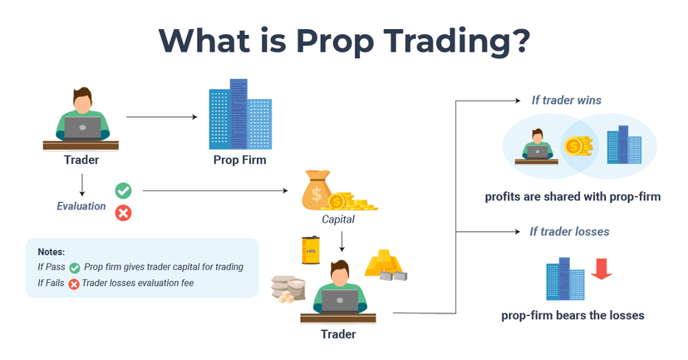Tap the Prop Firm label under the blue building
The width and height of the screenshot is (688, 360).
tap(239, 160)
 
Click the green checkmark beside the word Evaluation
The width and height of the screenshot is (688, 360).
tap(123, 190)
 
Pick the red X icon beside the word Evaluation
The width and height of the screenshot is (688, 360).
tap(123, 213)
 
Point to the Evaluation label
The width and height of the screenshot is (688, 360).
tap(81, 206)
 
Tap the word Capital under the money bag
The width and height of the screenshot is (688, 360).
tap(339, 220)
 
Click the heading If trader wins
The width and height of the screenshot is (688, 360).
tap(567, 101)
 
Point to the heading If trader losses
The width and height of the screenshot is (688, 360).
tap(569, 231)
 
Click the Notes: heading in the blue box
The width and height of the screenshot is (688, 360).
tap(51, 251)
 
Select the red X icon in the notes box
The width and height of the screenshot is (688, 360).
tap(73, 284)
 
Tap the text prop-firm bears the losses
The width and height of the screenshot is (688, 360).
tap(573, 315)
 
